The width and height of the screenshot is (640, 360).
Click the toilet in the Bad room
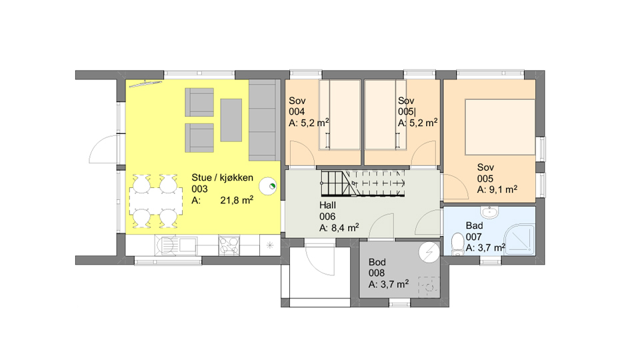click(x=459, y=244)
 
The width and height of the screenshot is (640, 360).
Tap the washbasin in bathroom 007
click(x=489, y=212)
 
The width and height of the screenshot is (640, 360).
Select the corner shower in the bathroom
click(x=519, y=240)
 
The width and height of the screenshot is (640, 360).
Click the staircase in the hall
click(x=363, y=183)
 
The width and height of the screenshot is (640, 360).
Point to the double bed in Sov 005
click(x=500, y=127)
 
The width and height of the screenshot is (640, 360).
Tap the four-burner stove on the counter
click(x=229, y=245)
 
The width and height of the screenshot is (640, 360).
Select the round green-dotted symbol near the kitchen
click(x=268, y=187)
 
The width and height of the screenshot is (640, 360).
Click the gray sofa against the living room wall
click(x=265, y=120)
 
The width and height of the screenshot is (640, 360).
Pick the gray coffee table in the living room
click(x=231, y=120)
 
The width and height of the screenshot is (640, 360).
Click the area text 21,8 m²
click(x=237, y=200)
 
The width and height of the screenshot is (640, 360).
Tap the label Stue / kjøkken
click(x=223, y=177)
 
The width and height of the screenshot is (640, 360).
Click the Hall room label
click(x=328, y=205)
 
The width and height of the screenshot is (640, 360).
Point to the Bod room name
click(x=377, y=262)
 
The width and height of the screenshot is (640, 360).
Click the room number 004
click(x=297, y=111)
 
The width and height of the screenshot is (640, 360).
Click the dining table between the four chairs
click(x=156, y=201)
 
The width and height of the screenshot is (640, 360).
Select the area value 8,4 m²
click(x=345, y=228)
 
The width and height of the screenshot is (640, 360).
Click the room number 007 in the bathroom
click(x=473, y=237)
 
